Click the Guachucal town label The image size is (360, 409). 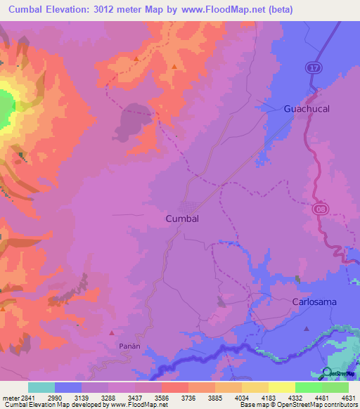coord(306,109)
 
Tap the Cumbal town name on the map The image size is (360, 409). coord(182,219)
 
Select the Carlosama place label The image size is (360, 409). coord(314,301)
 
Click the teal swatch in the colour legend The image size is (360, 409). coord(41,387)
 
